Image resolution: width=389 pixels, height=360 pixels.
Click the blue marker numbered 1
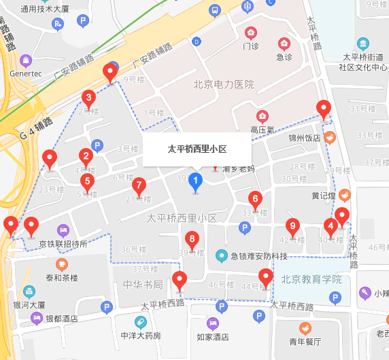(x=195, y=181)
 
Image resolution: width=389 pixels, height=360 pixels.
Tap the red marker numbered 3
(x=88, y=98)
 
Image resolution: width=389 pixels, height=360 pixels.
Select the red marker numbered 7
(x=139, y=185)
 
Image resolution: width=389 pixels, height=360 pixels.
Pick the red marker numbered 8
(x=192, y=238)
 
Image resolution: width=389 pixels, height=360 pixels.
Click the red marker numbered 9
(x=293, y=226)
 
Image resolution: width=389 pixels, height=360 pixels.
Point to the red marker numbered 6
(x=256, y=199)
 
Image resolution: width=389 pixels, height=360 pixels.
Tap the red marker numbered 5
(x=86, y=181)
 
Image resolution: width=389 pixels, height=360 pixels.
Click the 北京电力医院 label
(x=224, y=85)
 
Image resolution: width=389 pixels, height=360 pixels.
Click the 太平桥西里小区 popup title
(x=197, y=149)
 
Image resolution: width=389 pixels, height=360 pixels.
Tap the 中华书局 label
(x=143, y=285)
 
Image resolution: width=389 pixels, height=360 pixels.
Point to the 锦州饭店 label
(x=304, y=138)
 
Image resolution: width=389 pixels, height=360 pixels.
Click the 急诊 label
(x=284, y=57)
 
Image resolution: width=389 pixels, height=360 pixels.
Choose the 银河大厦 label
(x=29, y=306)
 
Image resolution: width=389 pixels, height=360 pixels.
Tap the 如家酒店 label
(x=212, y=336)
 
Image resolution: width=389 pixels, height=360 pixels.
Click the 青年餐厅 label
(x=304, y=342)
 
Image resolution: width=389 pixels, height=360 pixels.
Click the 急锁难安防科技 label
(x=259, y=256)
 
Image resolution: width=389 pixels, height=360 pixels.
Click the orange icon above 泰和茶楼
(x=62, y=264)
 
